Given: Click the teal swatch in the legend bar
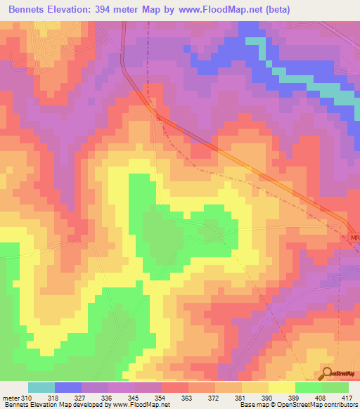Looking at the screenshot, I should click(41, 387).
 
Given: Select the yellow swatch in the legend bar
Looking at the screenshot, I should click(282, 387).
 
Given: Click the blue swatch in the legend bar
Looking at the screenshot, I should click(68, 387).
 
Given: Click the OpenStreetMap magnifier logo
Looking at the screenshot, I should click(326, 374).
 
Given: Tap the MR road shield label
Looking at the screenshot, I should click(354, 239).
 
